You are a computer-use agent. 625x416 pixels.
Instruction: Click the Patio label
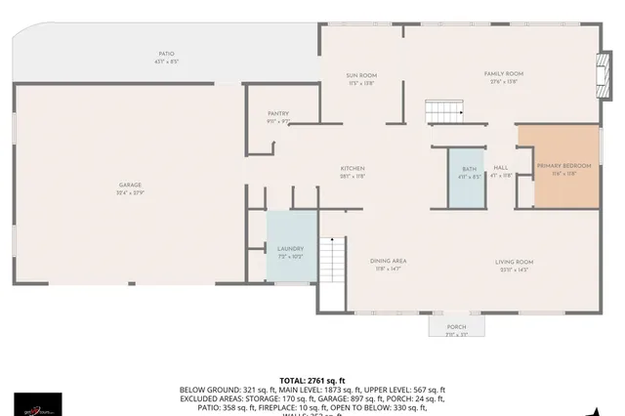coord(167,54)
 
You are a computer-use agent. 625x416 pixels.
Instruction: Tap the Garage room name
coord(131,185)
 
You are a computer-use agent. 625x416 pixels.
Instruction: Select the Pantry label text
coord(279,114)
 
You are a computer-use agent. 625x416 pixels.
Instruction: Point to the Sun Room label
coord(361,75)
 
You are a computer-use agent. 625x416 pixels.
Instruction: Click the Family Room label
coord(505,73)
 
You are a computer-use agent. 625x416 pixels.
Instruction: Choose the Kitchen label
coord(353,169)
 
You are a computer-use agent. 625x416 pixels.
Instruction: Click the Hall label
coord(501,168)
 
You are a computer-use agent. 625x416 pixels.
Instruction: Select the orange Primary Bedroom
coord(564,170)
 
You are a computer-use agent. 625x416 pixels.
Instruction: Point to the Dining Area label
coord(388,261)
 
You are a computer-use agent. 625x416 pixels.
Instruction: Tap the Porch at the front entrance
coord(456,327)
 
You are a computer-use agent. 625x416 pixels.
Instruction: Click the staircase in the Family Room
coord(441,109)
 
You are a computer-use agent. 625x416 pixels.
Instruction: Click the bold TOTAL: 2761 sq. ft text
coord(312,380)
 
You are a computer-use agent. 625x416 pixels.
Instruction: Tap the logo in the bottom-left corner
coord(38,403)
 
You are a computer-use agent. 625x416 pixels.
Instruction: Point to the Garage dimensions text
coord(131,192)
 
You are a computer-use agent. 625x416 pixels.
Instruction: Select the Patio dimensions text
coord(167,61)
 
